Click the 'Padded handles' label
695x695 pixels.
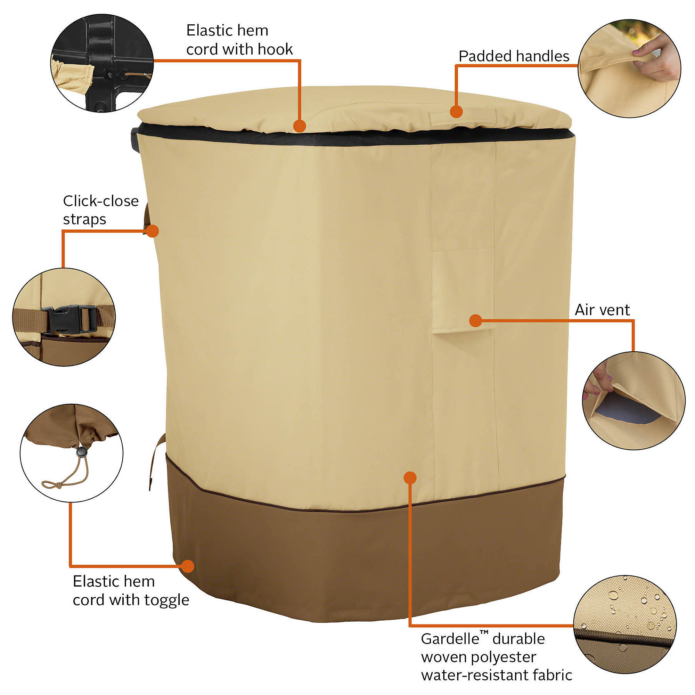coord(513,57)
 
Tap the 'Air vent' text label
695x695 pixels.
coord(602,310)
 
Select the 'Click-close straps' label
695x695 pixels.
coord(100,210)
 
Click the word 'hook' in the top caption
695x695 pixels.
coord(275,49)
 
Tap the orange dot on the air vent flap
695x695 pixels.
coord(476,320)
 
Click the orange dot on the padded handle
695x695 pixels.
coord(456,112)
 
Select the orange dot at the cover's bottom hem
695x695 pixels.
coord(188,566)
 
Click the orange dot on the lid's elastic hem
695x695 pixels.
coord(299,126)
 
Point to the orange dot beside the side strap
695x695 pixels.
coord(153,231)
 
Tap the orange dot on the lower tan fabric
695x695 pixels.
coord(410,477)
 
